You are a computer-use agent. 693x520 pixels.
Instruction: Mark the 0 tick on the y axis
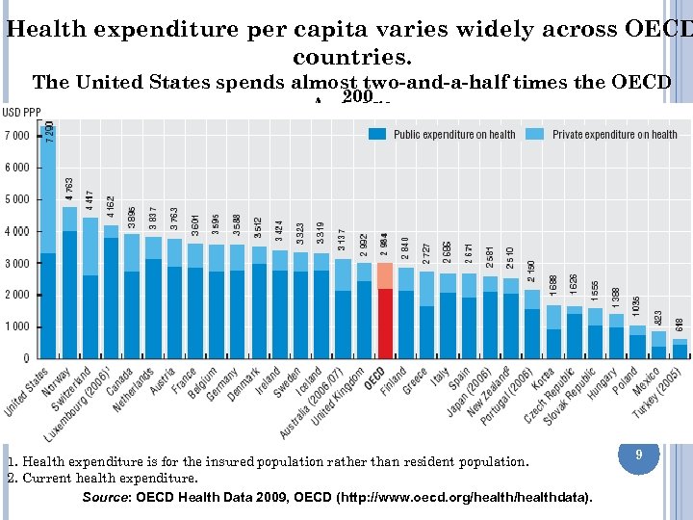pos(26,358)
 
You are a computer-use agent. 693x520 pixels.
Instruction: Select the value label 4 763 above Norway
pos(70,189)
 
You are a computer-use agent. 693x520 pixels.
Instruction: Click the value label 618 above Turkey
pos(680,325)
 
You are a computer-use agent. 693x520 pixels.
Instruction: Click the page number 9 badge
pos(637,452)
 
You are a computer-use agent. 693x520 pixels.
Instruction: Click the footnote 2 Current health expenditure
pos(102,478)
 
